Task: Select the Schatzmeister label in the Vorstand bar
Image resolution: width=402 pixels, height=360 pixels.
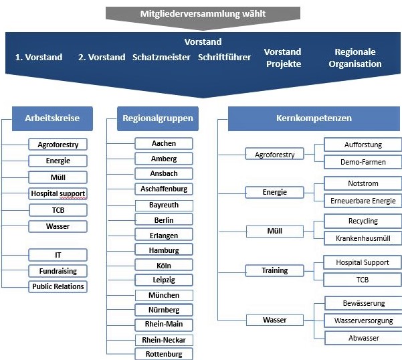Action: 161,57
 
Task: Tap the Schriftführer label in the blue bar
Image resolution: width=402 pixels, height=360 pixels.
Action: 224,57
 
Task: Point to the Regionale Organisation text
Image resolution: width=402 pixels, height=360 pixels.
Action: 355,58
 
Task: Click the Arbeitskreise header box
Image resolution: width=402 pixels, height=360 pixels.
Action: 52,118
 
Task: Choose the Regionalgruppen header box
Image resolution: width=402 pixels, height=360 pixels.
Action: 158,118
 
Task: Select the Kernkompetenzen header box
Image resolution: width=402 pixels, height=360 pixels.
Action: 314,118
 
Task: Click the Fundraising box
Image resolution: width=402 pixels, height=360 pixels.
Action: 58,271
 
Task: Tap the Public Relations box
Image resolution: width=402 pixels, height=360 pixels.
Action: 58,286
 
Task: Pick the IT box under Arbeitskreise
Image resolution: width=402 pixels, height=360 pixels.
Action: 58,255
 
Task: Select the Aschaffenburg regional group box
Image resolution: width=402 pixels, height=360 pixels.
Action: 164,189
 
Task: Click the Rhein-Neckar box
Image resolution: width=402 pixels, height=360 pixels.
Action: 164,340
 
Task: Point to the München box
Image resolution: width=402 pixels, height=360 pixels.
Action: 164,295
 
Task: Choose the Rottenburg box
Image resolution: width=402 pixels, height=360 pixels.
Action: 164,354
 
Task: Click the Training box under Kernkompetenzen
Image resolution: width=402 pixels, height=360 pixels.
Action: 275,270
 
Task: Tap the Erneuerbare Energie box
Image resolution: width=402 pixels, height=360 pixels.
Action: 363,201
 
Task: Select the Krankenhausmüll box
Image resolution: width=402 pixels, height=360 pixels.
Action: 363,238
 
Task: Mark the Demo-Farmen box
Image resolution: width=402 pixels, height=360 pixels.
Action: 363,162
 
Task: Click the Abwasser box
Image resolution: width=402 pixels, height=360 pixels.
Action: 363,338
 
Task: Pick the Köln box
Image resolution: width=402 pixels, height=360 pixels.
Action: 164,266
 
